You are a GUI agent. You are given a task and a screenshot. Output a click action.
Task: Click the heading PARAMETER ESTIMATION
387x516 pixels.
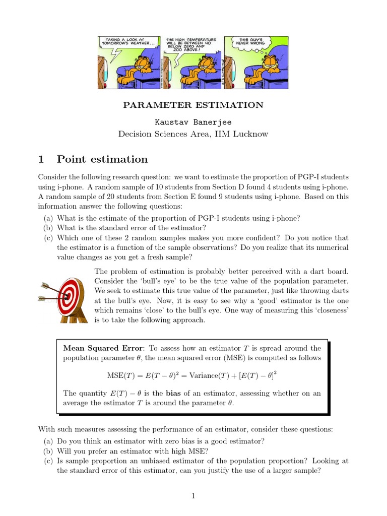point(193,105)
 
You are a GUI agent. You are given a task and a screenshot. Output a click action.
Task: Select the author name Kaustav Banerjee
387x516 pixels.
point(193,122)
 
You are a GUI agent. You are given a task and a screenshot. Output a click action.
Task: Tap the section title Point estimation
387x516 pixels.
point(102,159)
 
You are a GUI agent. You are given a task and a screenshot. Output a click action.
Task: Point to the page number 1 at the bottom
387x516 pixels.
point(193,496)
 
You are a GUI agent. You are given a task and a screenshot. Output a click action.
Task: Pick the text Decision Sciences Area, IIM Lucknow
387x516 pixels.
point(193,134)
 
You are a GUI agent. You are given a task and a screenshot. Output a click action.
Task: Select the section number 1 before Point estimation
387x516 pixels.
point(42,159)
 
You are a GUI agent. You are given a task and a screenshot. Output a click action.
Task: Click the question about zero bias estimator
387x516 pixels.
point(160,441)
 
